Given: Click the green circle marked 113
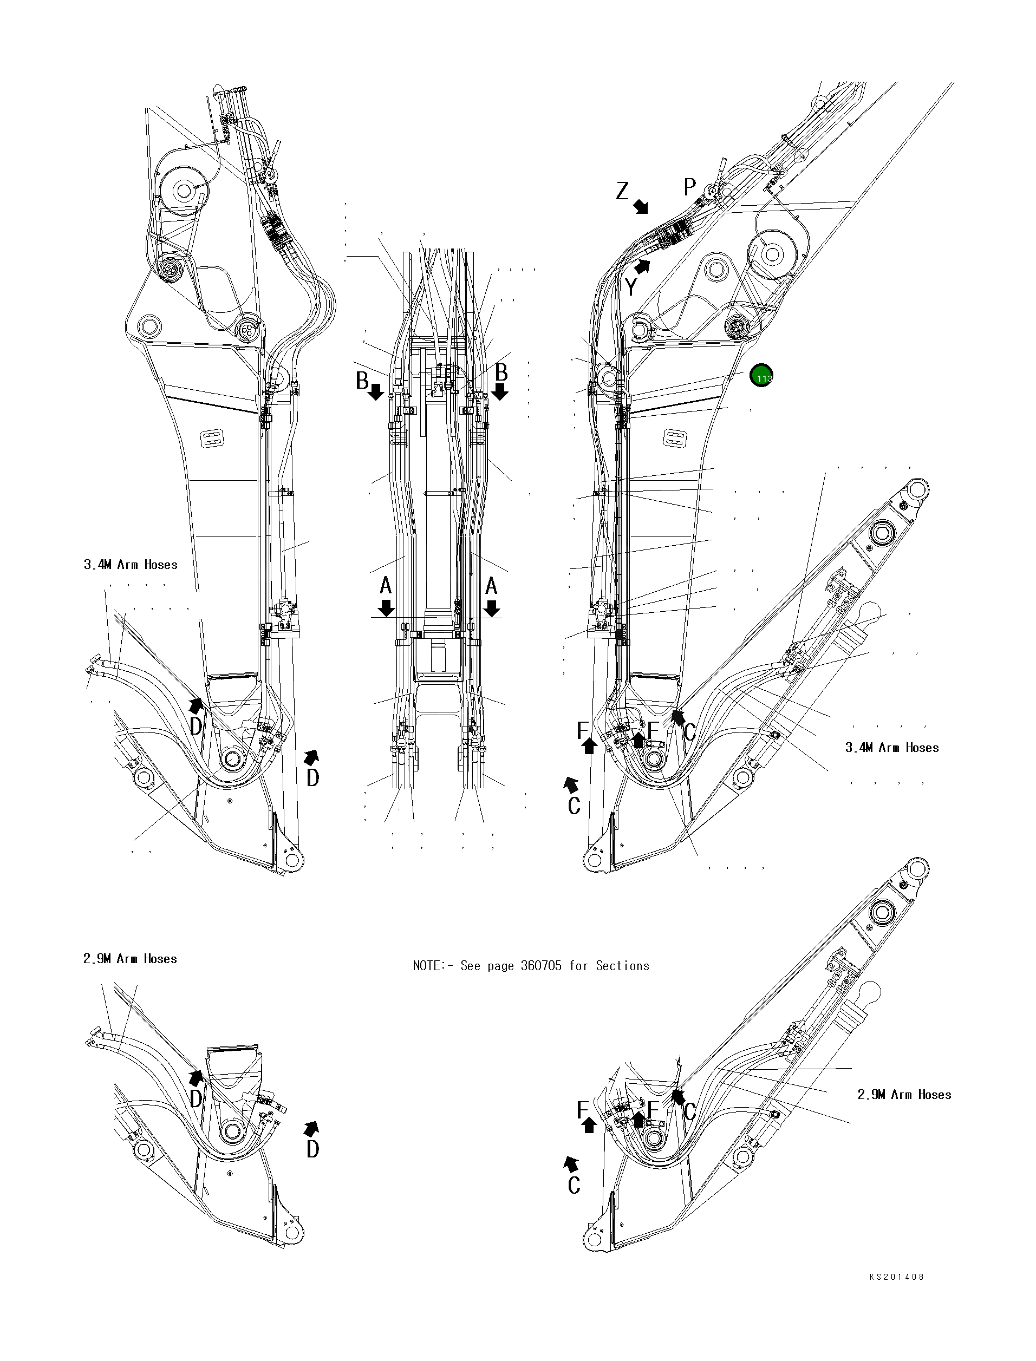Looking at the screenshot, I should point(761,375).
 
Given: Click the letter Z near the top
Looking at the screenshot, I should point(622,191).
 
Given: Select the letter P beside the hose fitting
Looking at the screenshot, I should point(689,186).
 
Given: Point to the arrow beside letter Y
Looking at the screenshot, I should point(643,267).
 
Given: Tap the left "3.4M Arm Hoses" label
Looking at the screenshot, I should point(131,565).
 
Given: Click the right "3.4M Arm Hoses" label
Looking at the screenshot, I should point(892,748).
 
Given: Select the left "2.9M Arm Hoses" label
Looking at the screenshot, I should point(130,959).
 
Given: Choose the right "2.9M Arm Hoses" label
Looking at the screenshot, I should point(904,1094).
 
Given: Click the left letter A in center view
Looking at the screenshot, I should point(386,585).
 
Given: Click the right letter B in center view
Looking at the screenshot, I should point(501,372).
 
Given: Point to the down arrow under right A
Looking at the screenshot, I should point(492,608).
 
